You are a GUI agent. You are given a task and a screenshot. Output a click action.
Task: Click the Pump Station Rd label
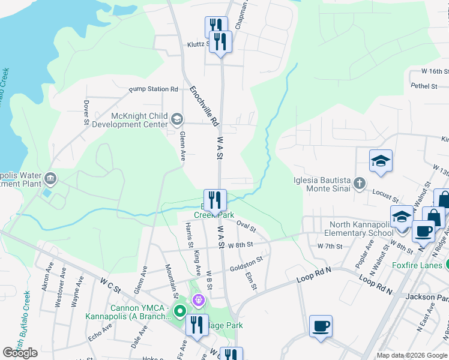[x=154, y=89]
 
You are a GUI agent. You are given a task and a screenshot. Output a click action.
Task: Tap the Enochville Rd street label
[x=203, y=106]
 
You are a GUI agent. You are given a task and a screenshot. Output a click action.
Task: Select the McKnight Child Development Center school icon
[x=176, y=119]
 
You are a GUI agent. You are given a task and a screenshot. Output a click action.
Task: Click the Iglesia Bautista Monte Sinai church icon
[x=359, y=184]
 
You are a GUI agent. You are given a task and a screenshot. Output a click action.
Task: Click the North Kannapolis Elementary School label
[x=358, y=229]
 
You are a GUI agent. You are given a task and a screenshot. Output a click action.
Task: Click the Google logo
[x=20, y=353]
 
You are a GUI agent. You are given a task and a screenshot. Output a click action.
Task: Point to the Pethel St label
[x=424, y=86]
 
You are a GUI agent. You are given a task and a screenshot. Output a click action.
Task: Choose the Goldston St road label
[x=247, y=262]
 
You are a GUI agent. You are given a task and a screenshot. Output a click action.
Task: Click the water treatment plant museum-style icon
[x=50, y=178]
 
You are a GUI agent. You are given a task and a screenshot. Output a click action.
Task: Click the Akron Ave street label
[x=46, y=279]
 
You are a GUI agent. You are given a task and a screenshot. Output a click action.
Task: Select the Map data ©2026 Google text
[x=411, y=355]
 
